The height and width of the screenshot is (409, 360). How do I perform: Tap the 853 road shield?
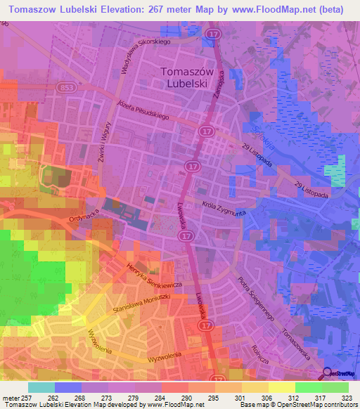67,87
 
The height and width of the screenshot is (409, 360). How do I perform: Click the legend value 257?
28,398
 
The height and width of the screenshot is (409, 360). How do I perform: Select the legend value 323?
348,398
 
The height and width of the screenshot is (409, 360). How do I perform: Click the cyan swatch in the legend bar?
41,387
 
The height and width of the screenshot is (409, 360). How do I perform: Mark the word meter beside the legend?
11,398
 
